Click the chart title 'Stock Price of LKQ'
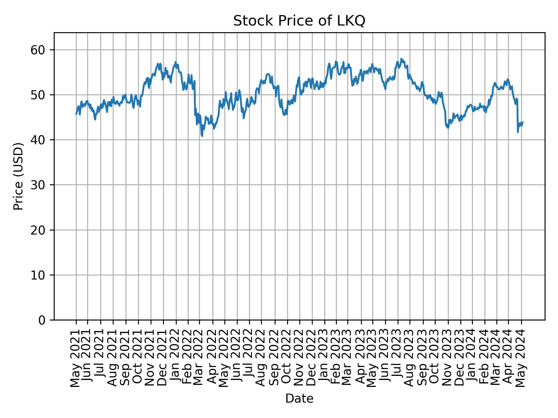299,21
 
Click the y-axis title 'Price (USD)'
18,176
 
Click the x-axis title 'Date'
299,399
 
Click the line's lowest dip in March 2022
202,136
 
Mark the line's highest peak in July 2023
401,59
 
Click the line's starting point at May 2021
76,114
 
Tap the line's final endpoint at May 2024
523,122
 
